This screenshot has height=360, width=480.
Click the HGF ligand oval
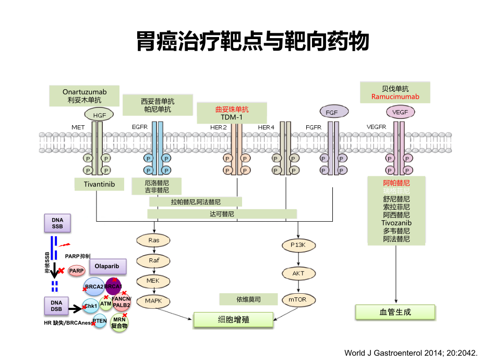click(x=99, y=115)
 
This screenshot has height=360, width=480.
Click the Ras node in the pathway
click(x=153, y=241)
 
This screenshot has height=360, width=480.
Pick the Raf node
click(x=153, y=260)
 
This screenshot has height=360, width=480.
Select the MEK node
click(x=153, y=281)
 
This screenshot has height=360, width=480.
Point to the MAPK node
click(x=153, y=301)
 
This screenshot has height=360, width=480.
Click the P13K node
click(x=297, y=244)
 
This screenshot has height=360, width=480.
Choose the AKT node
click(x=297, y=272)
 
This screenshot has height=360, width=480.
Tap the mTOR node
click(x=297, y=299)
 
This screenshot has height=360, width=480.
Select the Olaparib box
click(x=108, y=266)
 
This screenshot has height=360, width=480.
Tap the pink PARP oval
click(x=77, y=270)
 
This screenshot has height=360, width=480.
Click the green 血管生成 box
click(x=395, y=312)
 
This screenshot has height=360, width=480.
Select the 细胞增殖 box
click(x=233, y=319)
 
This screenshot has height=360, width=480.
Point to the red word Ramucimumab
click(x=395, y=97)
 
